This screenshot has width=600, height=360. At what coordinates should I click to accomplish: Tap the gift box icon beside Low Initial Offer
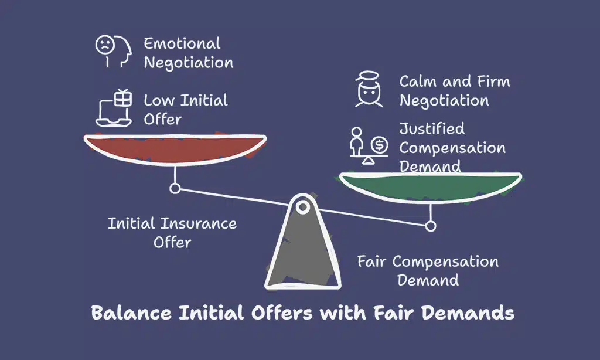pyautogui.click(x=122, y=99)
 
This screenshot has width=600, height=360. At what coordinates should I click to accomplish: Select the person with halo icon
pyautogui.click(x=369, y=89)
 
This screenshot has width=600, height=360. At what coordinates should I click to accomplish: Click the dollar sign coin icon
pyautogui.click(x=379, y=143)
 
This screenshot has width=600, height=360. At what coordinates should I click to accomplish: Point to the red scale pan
pyautogui.click(x=175, y=150)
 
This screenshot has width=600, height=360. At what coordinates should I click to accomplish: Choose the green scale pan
pyautogui.click(x=430, y=187)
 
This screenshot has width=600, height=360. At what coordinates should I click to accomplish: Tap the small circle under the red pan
pyautogui.click(x=174, y=188)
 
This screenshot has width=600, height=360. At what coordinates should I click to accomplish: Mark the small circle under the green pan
pyautogui.click(x=431, y=225)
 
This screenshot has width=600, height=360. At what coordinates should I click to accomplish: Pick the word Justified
pyautogui.click(x=432, y=129)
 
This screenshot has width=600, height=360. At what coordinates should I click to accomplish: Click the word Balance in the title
pyautogui.click(x=127, y=313)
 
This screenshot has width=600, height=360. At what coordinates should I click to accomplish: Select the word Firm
pyautogui.click(x=493, y=81)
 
